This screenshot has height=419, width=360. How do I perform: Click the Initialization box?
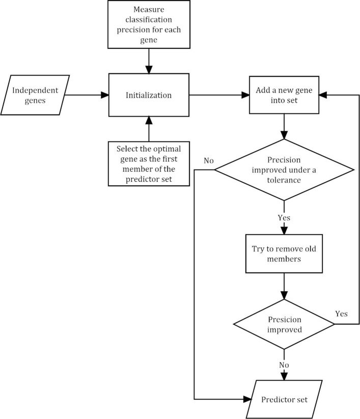coord(149,95)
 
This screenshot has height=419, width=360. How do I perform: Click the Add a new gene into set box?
coord(283,95)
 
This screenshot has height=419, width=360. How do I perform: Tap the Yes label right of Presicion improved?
coord(341,313)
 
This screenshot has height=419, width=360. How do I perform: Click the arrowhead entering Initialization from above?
coord(149,69)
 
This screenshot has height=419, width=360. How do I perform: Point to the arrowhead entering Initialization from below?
coord(149,121)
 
